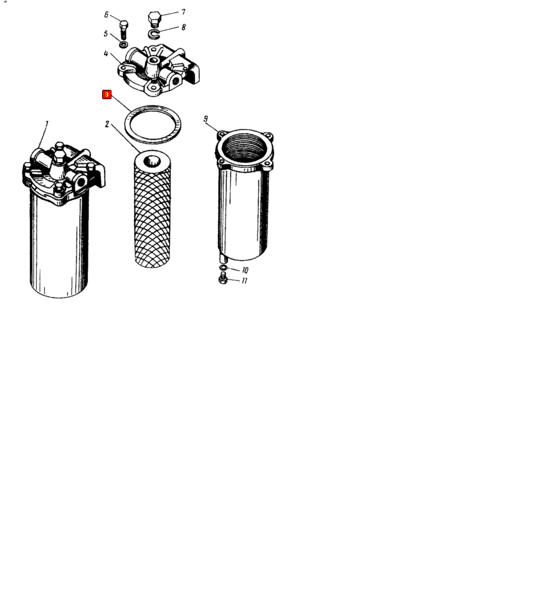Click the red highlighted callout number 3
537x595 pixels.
tap(107, 94)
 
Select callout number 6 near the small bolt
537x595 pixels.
tap(107, 15)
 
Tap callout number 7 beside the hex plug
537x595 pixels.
tap(183, 12)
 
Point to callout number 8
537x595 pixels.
tap(184, 27)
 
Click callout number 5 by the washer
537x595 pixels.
tap(106, 34)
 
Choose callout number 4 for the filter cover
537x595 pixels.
tap(106, 54)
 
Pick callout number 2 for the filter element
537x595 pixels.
tap(107, 124)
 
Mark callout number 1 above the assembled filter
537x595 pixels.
tap(47, 123)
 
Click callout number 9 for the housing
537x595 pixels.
tap(206, 119)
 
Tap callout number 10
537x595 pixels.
tap(245, 270)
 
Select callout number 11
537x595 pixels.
tap(244, 281)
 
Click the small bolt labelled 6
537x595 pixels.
tap(123, 30)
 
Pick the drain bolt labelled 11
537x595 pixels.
tap(223, 279)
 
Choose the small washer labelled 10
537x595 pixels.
tap(223, 268)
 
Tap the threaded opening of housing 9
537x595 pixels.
tap(244, 146)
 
